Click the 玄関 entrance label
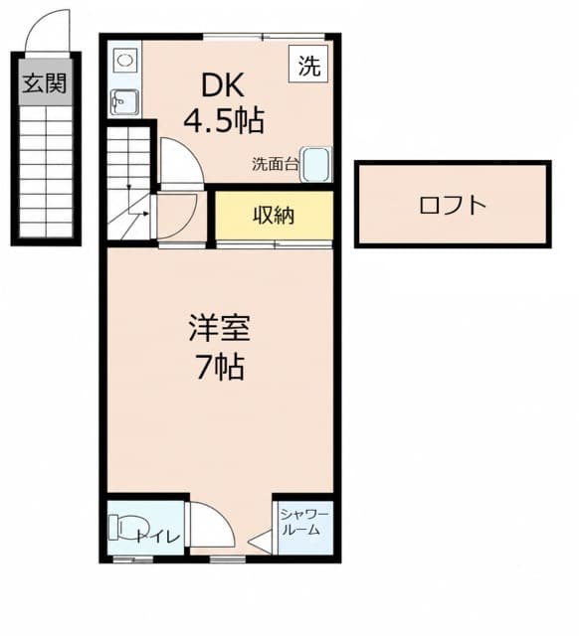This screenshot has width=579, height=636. [x=44, y=83]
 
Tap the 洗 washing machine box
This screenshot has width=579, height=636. [x=308, y=64]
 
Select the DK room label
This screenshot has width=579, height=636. [x=223, y=84]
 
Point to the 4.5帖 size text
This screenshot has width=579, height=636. [x=225, y=120]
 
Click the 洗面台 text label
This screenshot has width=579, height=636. [x=276, y=163]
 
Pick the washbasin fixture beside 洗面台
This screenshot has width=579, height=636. [x=316, y=164]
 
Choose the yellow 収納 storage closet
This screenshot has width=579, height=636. [x=274, y=215]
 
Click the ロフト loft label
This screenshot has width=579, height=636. [x=453, y=206]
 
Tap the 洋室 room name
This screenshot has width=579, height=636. [x=219, y=328]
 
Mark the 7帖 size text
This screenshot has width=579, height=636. [x=221, y=367]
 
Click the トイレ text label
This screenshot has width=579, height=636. [x=158, y=537]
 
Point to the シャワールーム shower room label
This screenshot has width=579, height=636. [x=304, y=522]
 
